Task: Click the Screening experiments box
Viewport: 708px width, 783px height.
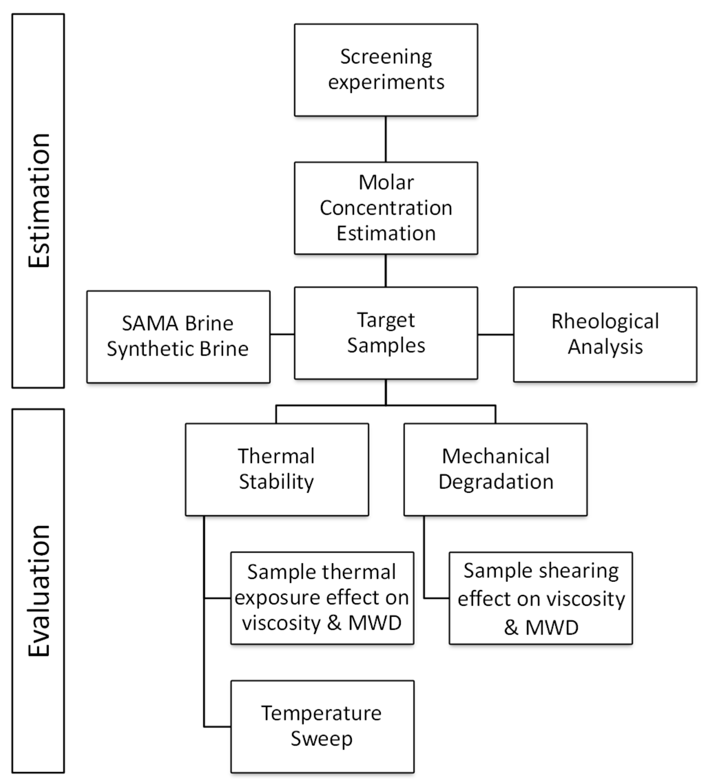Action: (386, 70)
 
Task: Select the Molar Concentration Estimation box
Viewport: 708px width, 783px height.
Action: (386, 208)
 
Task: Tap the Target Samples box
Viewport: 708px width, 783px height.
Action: (386, 333)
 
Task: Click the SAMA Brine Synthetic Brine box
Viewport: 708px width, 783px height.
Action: (178, 336)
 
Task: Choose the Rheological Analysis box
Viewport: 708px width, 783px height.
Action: (605, 334)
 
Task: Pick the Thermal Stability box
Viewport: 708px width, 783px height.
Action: (277, 469)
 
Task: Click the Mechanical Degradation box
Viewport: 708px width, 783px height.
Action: (495, 469)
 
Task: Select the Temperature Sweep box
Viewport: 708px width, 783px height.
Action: (322, 726)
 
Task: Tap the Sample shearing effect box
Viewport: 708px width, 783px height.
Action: (540, 598)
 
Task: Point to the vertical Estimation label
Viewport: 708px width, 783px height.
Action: (39, 201)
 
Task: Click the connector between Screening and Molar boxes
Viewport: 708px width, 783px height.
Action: (386, 139)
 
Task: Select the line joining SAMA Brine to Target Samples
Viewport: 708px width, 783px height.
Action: (282, 334)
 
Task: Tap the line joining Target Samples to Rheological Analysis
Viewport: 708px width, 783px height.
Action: (495, 334)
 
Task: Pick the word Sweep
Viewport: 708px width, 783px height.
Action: (322, 739)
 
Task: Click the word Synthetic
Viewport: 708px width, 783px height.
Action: (150, 349)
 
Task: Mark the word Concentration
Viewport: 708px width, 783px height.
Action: (386, 208)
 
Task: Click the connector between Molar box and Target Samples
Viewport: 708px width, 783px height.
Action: (386, 271)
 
